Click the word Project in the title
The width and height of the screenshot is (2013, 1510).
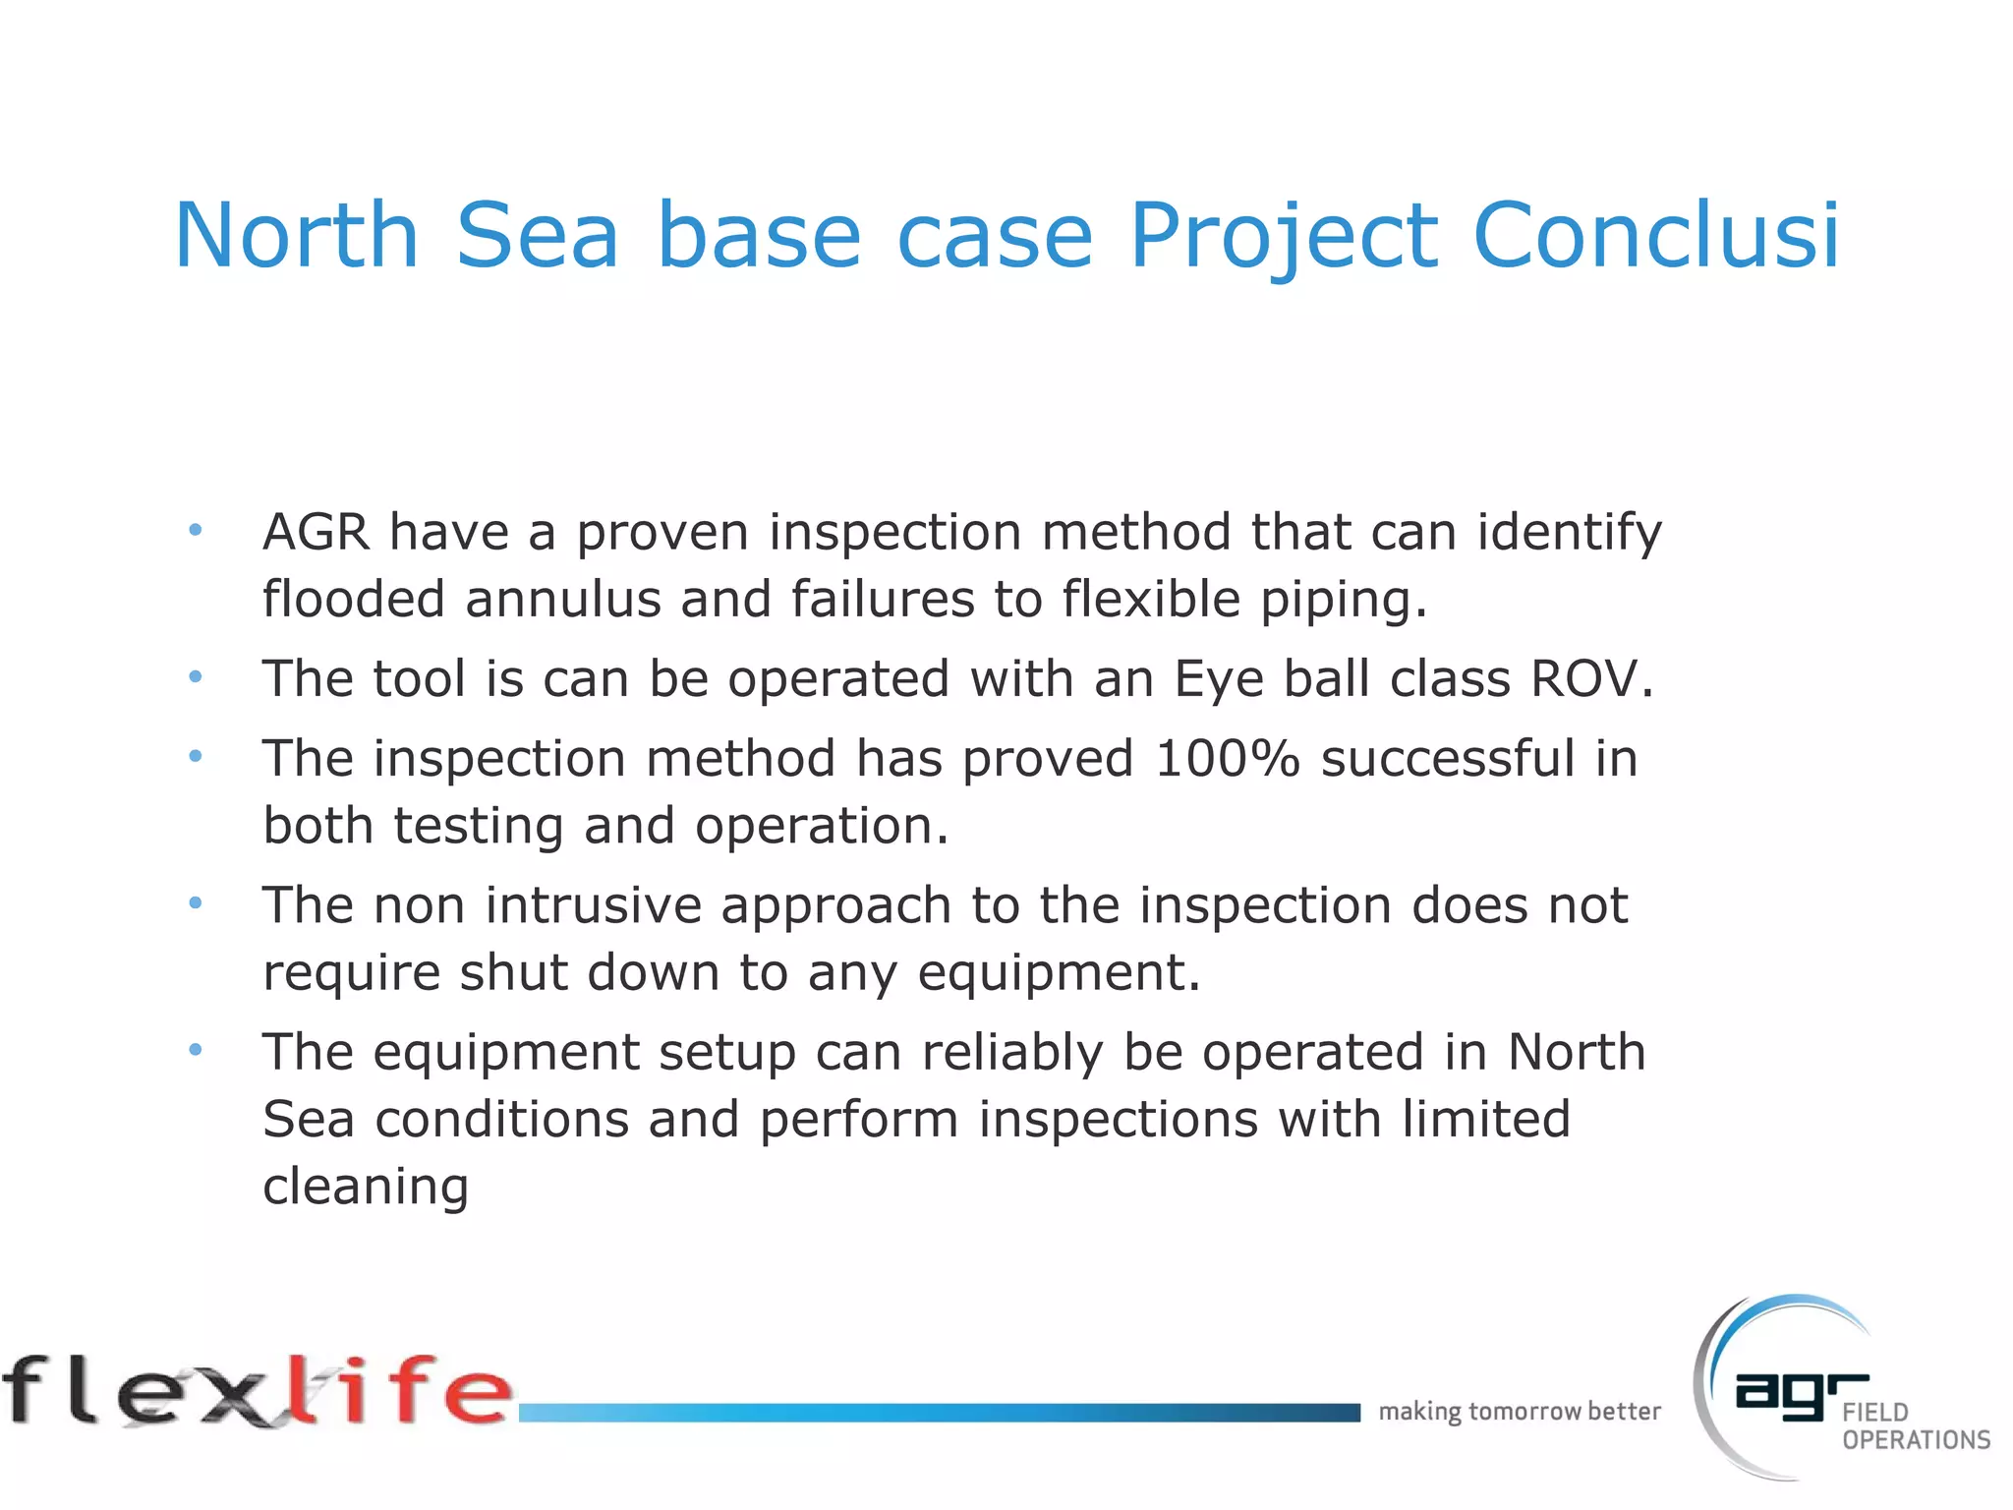pyautogui.click(x=1284, y=236)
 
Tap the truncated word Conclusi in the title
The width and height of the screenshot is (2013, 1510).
pyautogui.click(x=1655, y=236)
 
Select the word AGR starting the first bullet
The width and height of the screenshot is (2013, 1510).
pyautogui.click(x=316, y=532)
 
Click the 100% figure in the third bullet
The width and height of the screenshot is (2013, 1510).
pyautogui.click(x=1228, y=759)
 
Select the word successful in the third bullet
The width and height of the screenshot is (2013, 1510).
pyautogui.click(x=1448, y=759)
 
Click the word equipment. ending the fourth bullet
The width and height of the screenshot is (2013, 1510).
pyautogui.click(x=1059, y=973)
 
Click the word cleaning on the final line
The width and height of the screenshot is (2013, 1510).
pyautogui.click(x=366, y=1187)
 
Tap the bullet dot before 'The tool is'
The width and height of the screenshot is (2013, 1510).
pyautogui.click(x=196, y=677)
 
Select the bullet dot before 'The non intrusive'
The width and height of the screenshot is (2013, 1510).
pyautogui.click(x=196, y=902)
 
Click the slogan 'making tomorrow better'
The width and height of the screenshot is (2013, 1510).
pyautogui.click(x=1519, y=1412)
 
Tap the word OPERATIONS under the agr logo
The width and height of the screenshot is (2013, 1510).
pyautogui.click(x=1916, y=1440)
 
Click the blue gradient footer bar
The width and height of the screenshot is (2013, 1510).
pyautogui.click(x=939, y=1413)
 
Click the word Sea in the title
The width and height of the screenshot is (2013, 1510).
pyautogui.click(x=537, y=236)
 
